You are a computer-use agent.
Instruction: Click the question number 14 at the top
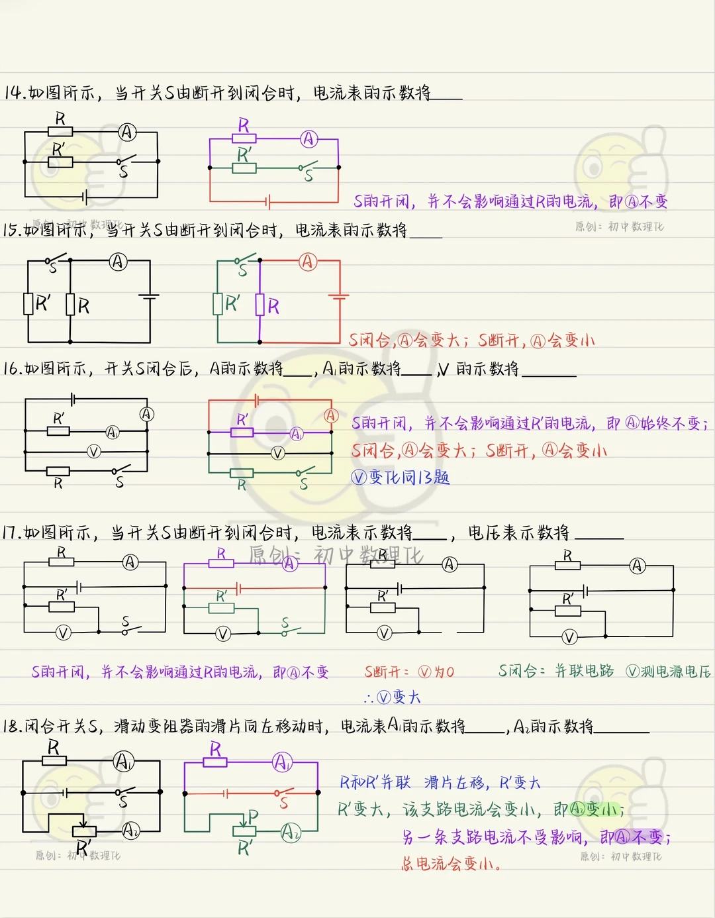click(x=14, y=93)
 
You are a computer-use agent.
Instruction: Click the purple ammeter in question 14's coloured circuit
click(x=309, y=139)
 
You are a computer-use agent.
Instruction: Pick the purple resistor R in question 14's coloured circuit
click(x=244, y=138)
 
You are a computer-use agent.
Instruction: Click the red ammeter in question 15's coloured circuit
click(x=307, y=262)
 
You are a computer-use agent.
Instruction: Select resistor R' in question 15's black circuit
click(x=28, y=304)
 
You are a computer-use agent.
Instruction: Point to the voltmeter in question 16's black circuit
click(x=94, y=452)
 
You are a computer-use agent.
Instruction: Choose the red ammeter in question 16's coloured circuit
click(x=331, y=415)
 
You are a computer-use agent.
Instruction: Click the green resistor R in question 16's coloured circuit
click(x=242, y=473)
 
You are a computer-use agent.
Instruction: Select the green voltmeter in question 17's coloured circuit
click(x=223, y=634)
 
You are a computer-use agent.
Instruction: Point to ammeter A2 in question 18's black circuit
click(x=130, y=830)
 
